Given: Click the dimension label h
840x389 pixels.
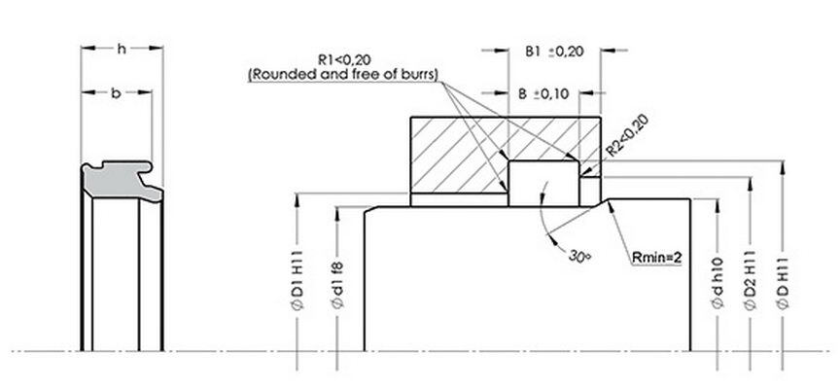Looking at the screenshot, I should coord(121,48).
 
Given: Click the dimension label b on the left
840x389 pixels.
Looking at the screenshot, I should coord(115,92).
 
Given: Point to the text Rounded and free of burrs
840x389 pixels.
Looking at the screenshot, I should coord(344,73).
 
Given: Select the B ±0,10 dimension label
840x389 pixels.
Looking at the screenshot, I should coord(545,94).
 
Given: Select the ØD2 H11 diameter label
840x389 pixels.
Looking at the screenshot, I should coord(749,282).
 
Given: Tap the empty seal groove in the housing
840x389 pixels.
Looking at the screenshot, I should coord(543,183).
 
